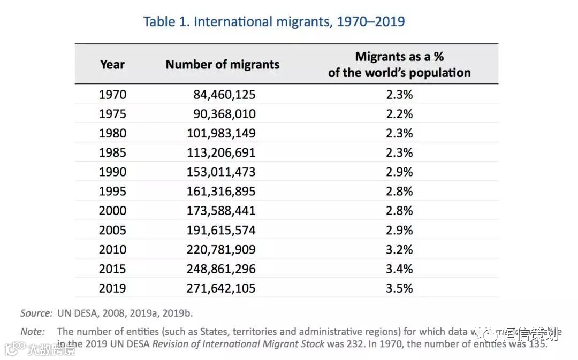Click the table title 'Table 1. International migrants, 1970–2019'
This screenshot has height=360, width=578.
point(273,22)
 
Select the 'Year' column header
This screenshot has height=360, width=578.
point(112,65)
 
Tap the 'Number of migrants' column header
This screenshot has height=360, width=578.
point(222,65)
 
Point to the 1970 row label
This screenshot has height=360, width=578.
point(112,95)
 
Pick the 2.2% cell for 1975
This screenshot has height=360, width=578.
point(400,114)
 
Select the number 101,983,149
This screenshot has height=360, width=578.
point(221,133)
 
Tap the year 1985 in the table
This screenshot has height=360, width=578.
point(112,152)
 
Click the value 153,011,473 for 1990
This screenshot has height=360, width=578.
point(221,172)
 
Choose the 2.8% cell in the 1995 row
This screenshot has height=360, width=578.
point(400,191)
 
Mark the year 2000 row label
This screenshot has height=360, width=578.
point(112,211)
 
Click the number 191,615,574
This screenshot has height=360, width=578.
point(221,230)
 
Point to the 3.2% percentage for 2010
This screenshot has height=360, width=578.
point(400,249)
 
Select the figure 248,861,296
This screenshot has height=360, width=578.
point(221,269)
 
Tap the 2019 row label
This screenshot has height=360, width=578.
point(112,288)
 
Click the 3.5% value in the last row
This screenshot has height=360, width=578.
point(400,288)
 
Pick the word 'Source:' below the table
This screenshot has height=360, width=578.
point(36,313)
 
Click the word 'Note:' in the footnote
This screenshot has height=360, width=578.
point(32,332)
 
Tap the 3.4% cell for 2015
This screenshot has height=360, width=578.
point(400,269)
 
